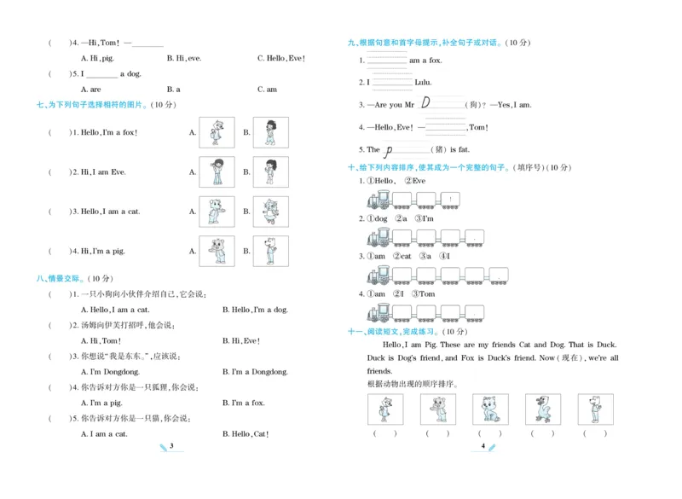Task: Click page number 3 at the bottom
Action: point(172,446)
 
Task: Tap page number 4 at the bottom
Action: point(483,446)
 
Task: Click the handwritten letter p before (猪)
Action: point(388,150)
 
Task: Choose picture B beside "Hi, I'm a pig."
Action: point(270,251)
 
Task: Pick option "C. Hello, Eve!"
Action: point(280,58)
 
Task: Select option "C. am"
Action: point(267,89)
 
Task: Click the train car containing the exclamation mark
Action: point(449,200)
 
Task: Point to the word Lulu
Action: point(423,83)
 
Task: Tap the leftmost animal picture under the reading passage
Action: point(384,409)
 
